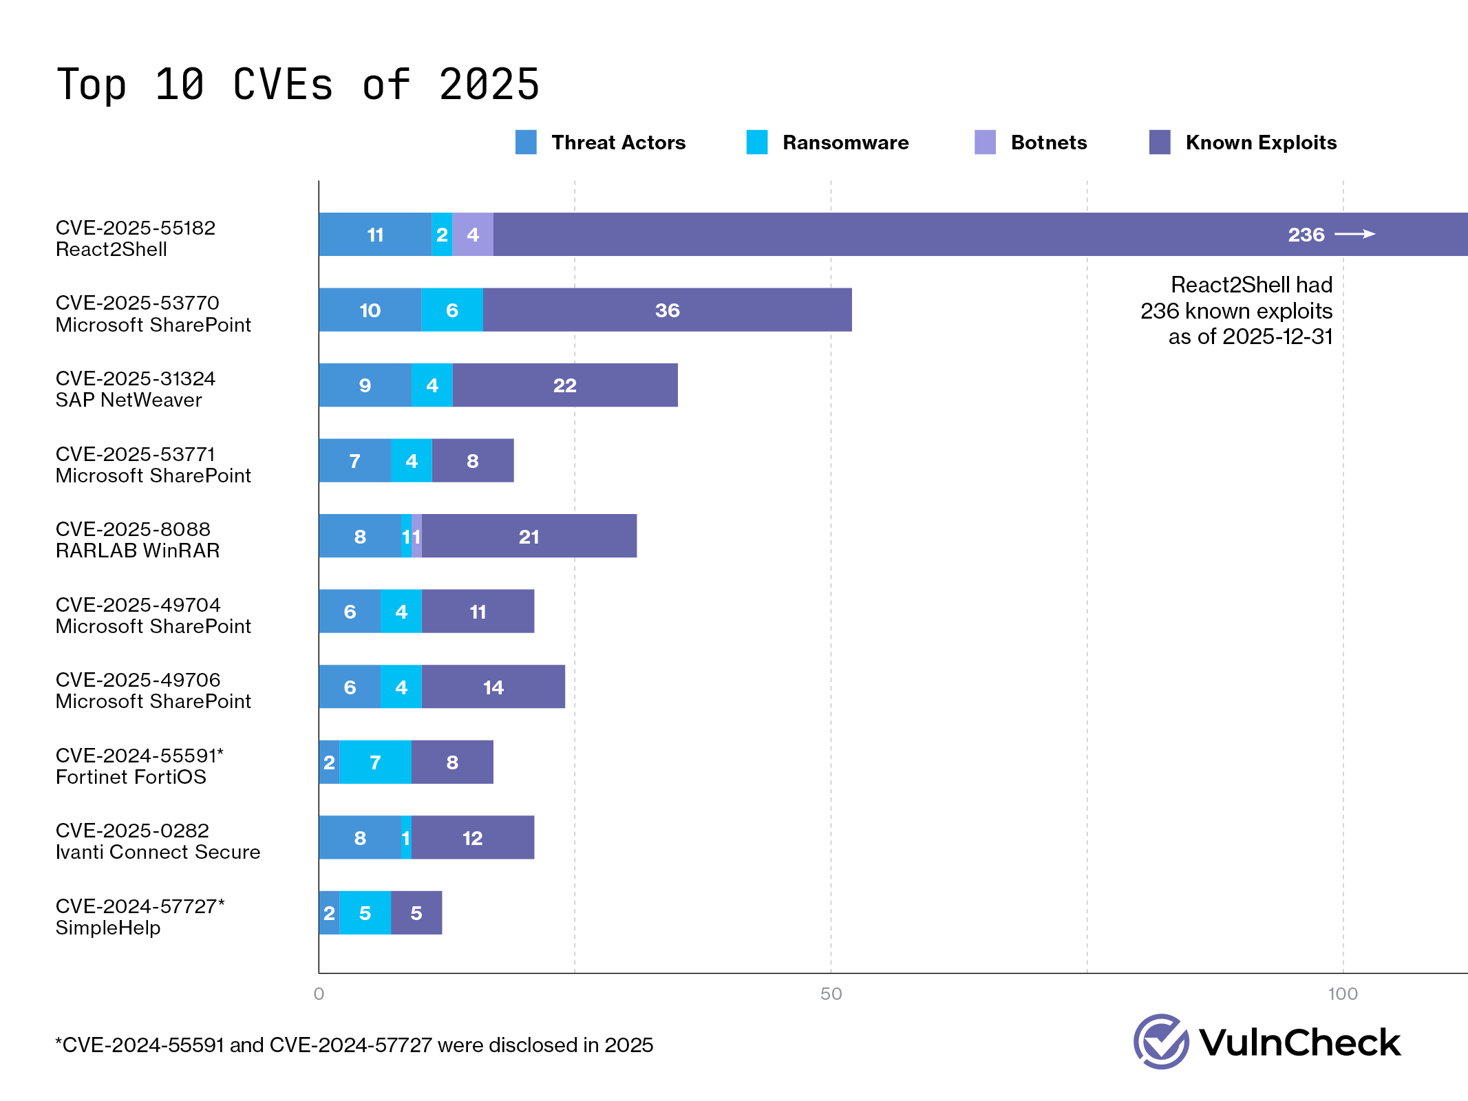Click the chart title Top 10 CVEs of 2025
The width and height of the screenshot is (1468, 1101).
[x=297, y=85]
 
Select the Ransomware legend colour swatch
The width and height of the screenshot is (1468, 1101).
[x=756, y=142]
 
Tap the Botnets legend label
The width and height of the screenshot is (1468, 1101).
[x=1048, y=142]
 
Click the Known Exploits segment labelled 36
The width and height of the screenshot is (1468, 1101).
[x=667, y=310]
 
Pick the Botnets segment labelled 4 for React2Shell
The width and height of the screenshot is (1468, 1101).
[x=473, y=235]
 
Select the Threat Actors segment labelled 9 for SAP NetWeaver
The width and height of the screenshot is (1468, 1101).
[x=365, y=385]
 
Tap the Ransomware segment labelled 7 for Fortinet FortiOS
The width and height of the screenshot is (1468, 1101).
[x=375, y=762]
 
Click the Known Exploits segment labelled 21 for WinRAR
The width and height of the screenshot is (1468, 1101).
[x=529, y=536]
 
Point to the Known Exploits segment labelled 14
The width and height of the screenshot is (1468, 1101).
[x=493, y=687]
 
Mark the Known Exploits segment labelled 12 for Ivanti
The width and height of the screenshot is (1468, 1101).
[x=472, y=837]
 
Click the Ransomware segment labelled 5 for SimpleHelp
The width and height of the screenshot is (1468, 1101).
[x=365, y=913]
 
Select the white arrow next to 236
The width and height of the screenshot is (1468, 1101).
[x=1354, y=235]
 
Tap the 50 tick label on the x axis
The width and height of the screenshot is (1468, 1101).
[x=831, y=994]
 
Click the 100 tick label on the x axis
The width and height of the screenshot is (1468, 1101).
[x=1342, y=994]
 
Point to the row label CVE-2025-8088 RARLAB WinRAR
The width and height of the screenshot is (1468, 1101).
[x=138, y=539]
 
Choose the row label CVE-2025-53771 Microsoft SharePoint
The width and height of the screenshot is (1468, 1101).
[x=153, y=464]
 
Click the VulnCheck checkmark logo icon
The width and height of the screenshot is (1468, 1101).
[x=1161, y=1041]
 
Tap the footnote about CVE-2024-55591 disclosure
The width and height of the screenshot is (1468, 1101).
[x=354, y=1045]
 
